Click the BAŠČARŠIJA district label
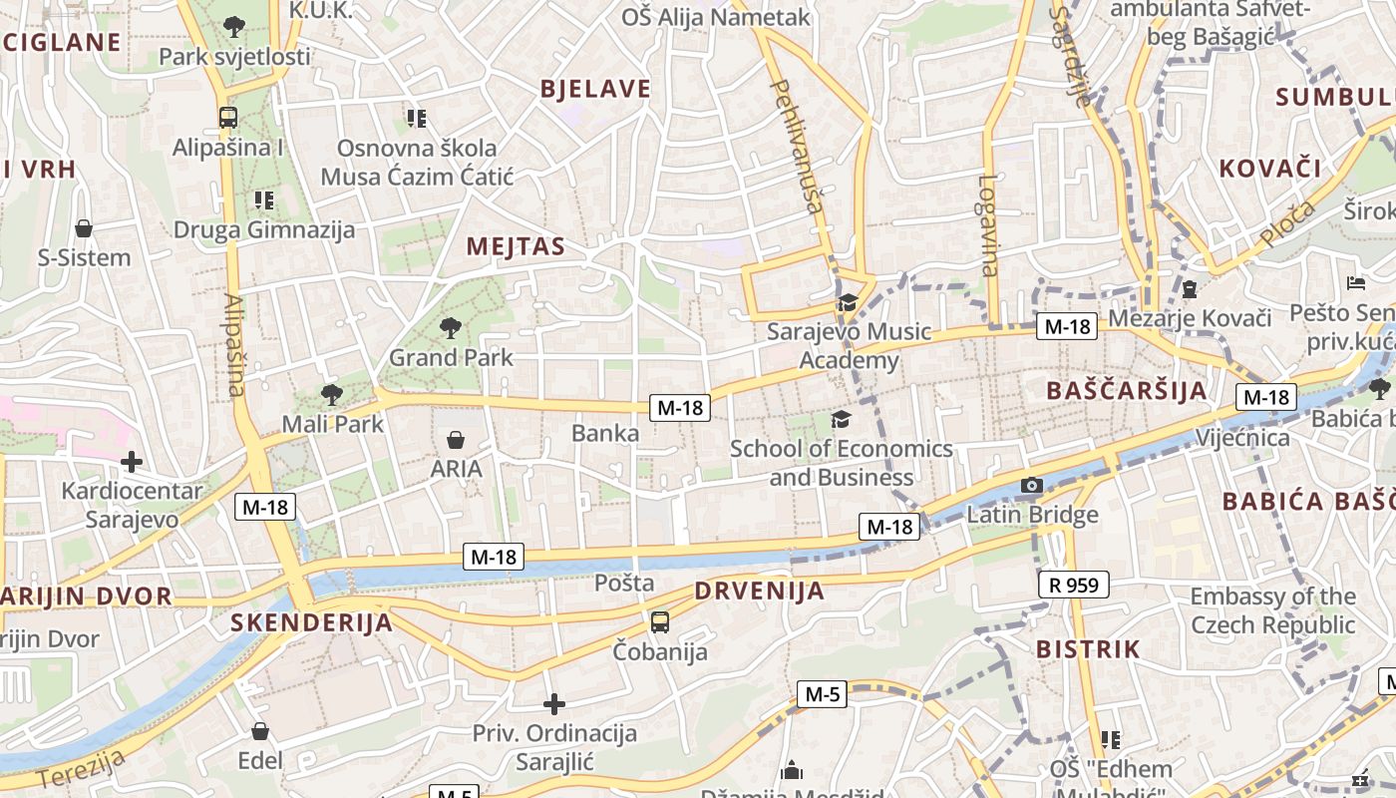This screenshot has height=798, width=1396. [x=1127, y=390]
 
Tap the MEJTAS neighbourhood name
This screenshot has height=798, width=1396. [x=516, y=246]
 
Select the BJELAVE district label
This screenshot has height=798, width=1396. [x=595, y=89]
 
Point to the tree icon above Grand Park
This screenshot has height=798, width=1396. [x=451, y=326]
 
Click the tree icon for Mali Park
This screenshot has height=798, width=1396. [x=331, y=395]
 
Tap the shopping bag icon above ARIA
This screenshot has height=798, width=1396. [x=456, y=440]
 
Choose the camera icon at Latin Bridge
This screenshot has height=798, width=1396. [x=1032, y=486]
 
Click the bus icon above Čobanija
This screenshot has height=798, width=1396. [x=659, y=622]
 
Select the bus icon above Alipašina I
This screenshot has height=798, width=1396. [x=228, y=118]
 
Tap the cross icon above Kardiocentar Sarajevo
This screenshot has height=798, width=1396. [x=131, y=462]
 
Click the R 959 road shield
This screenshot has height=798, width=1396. [x=1073, y=585]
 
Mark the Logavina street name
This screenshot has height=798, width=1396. [x=987, y=225]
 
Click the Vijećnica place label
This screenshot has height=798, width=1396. [x=1241, y=438]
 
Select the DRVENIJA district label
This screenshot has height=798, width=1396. [x=760, y=591]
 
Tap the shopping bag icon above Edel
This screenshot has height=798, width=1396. [x=260, y=732]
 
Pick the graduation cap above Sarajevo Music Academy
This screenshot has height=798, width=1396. [x=848, y=302]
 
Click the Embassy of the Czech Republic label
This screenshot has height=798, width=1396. [x=1272, y=610]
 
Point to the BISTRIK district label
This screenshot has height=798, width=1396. [x=1087, y=649]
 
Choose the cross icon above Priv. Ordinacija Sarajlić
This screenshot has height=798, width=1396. [x=554, y=704]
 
